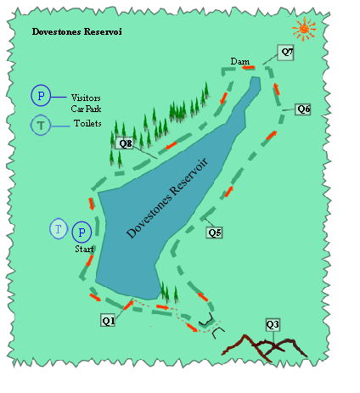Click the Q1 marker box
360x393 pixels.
coord(108,321)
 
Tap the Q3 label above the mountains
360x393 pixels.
coord(273,324)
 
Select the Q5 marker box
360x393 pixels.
coord(215,233)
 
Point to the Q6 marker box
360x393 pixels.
coord(303,109)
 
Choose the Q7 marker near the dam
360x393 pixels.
coord(287,53)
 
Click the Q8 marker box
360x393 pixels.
coord(126,143)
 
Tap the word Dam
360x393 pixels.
coord(239,61)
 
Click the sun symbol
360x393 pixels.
coord(305,30)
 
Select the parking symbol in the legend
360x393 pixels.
coord(41,96)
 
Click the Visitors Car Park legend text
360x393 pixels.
coord(86,103)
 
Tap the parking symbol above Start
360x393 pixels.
coord(82,232)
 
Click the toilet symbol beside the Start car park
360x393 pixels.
coord(59,229)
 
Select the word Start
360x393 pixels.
coord(82,250)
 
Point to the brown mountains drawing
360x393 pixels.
coord(270,345)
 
